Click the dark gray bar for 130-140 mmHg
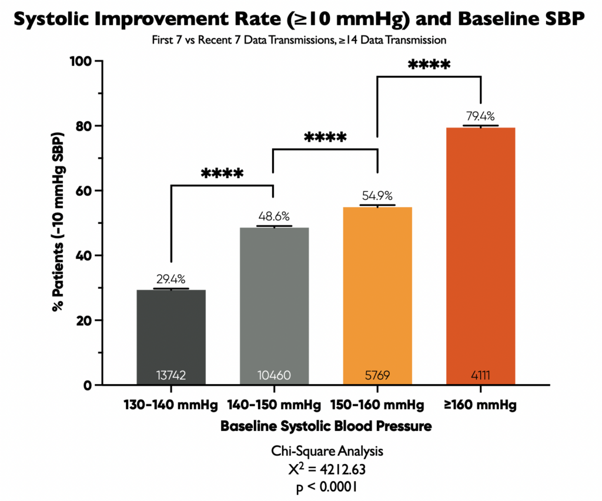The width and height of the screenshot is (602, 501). click(x=171, y=329)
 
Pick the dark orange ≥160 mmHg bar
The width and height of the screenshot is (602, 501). click(x=480, y=253)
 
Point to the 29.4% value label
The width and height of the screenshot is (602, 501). click(x=171, y=279)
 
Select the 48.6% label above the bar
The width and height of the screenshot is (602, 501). click(x=274, y=216)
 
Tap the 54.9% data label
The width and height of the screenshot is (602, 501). click(x=377, y=196)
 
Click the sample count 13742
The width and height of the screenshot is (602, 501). click(x=171, y=375)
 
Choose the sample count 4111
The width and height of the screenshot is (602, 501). click(x=480, y=375)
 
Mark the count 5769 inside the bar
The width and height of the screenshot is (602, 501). click(x=377, y=375)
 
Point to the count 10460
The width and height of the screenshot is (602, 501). click(x=274, y=375)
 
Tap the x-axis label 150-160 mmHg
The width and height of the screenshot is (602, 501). click(x=377, y=406)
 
